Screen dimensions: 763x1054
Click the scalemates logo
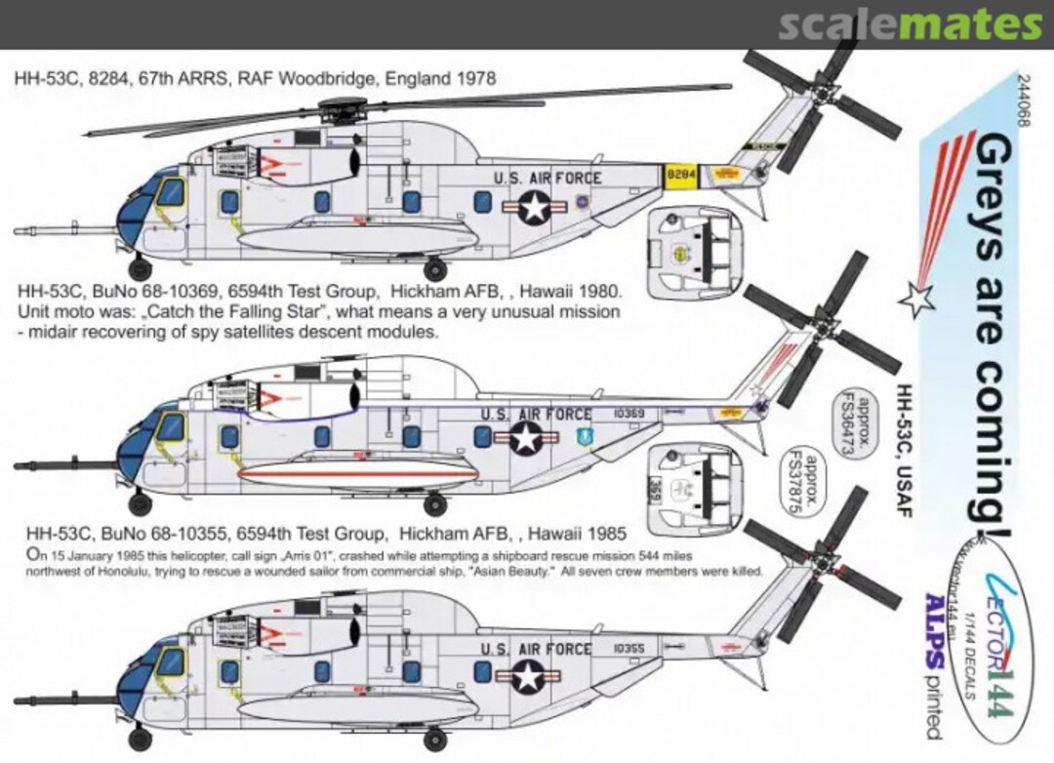910,25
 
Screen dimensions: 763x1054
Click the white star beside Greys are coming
915,298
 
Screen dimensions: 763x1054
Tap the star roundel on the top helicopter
534,207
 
